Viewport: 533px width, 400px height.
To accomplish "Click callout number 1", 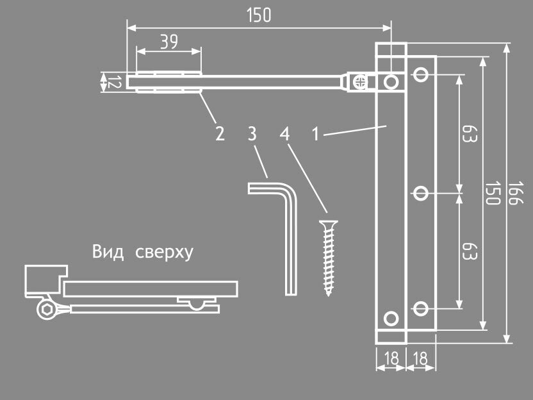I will [x=315, y=134].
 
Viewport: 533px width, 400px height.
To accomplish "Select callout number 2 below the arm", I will [x=220, y=134].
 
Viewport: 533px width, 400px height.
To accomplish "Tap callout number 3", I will [x=252, y=134].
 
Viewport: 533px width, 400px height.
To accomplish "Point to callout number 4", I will [x=284, y=134].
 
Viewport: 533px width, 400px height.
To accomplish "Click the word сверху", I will [x=164, y=252].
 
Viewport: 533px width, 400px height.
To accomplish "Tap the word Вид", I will [x=106, y=251].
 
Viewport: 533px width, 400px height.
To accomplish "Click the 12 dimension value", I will [x=113, y=82].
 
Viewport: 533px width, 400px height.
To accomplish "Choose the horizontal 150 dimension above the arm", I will [x=258, y=15].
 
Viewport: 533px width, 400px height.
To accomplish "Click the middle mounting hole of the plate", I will [x=421, y=192].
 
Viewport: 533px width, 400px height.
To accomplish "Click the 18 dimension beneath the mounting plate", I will [x=421, y=358].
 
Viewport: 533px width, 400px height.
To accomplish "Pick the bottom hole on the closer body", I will [x=390, y=318].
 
